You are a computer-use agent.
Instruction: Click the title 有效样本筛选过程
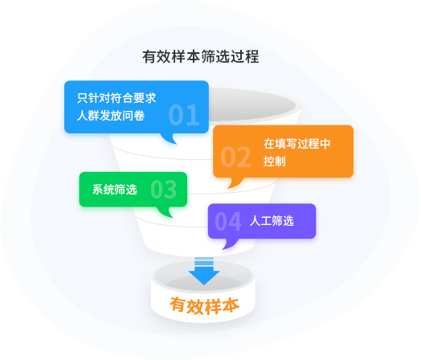tap(201, 56)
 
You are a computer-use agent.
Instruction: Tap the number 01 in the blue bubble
tap(184, 115)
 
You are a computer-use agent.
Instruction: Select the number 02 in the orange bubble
tap(235, 157)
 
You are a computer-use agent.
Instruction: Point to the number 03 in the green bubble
tap(164, 190)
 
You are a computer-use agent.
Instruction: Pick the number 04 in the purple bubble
tap(228, 222)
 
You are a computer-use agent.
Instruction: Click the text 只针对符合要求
tap(116, 98)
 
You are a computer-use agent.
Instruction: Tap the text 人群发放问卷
tap(111, 116)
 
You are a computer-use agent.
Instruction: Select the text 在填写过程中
tap(297, 144)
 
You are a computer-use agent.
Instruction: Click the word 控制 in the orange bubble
tap(275, 162)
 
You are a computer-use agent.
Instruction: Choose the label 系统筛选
tap(115, 190)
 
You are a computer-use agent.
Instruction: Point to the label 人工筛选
tap(272, 221)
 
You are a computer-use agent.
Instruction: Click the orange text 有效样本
tap(205, 306)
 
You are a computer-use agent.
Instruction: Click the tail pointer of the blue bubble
tap(170, 138)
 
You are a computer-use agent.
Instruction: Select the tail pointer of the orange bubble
tap(234, 182)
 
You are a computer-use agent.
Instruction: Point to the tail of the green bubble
tap(165, 212)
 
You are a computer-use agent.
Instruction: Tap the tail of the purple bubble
tap(230, 243)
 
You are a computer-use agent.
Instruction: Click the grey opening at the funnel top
tap(251, 104)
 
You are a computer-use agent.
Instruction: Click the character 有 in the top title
tap(149, 56)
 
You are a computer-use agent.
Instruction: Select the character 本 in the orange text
tap(231, 306)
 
